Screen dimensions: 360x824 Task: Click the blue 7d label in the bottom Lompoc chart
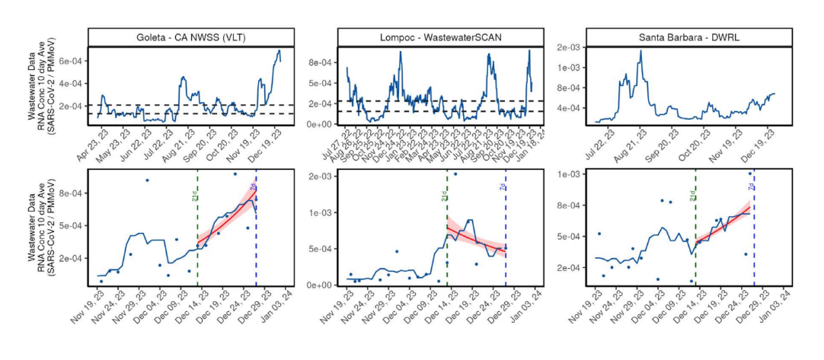[x=503, y=187]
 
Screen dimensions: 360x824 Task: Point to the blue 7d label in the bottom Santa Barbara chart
[x=751, y=187]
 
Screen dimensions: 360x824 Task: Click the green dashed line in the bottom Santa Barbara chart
[x=695, y=244]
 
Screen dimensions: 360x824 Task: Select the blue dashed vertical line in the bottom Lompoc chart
[x=506, y=244]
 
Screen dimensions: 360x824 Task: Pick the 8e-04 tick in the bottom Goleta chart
[x=71, y=193]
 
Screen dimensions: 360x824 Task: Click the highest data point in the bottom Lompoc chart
[x=455, y=174]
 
